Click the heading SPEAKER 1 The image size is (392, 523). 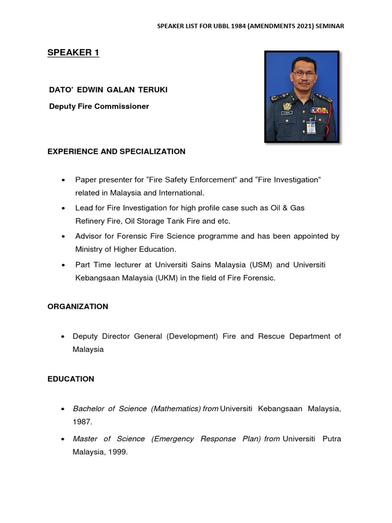pyautogui.click(x=73, y=53)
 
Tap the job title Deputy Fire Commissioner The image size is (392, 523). pyautogui.click(x=99, y=107)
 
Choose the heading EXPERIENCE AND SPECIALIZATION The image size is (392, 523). pyautogui.click(x=116, y=152)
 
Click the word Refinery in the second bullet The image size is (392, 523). pyautogui.click(x=89, y=221)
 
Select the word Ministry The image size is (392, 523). pyautogui.click(x=89, y=249)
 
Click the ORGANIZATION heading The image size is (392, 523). pyautogui.click(x=78, y=307)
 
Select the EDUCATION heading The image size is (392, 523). pyautogui.click(x=71, y=379)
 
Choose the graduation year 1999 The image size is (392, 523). pyautogui.click(x=116, y=451)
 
